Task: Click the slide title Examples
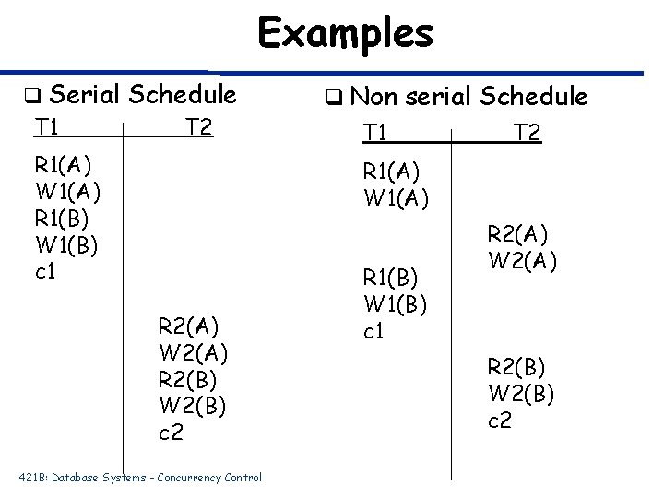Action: tap(345, 34)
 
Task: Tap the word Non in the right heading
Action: tap(372, 96)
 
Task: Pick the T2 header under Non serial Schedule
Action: tap(528, 135)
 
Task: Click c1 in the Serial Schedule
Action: tap(46, 273)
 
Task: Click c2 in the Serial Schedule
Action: tap(171, 432)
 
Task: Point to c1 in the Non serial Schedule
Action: tap(374, 331)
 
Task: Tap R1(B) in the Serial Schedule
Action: tap(63, 219)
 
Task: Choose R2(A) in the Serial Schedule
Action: tap(190, 326)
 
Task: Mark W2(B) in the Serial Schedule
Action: tap(193, 405)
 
